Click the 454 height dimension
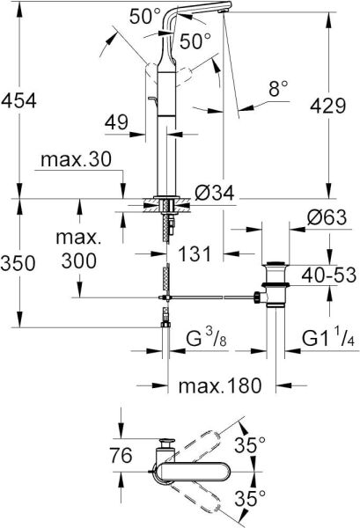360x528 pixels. pyautogui.click(x=19, y=101)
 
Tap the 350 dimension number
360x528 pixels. pyautogui.click(x=19, y=264)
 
